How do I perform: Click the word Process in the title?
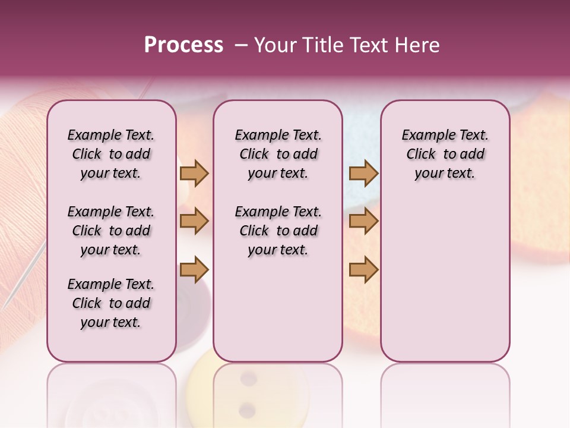183,45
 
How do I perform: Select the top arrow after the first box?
194,173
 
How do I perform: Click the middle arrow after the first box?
194,221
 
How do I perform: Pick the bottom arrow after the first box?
194,269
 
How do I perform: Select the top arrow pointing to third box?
363,173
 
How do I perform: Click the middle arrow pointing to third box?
363,221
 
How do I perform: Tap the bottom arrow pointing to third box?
363,269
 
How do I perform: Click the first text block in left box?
111,154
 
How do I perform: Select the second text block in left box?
111,231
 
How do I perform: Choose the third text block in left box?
111,303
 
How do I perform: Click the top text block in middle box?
278,154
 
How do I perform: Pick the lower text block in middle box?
278,231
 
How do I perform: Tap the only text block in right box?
445,154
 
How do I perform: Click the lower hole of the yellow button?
248,408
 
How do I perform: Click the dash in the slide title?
241,45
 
